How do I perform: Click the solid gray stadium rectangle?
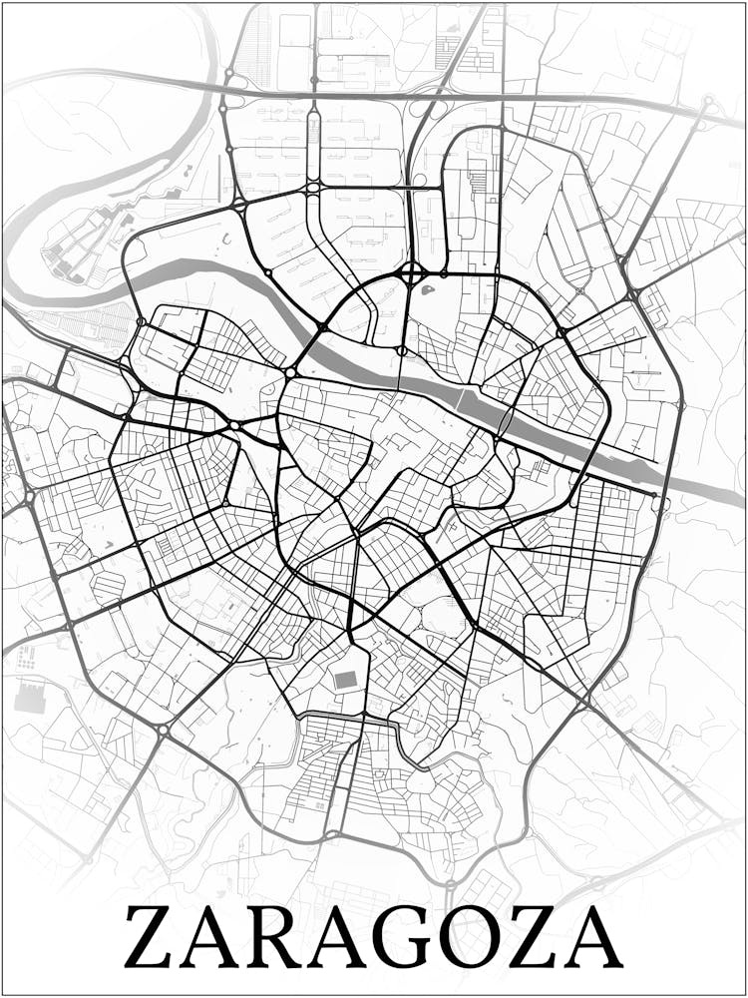pos(345,680)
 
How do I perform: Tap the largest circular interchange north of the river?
pos(413,272)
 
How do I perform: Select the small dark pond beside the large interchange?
pos(427,291)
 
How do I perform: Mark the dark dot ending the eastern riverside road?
pos(656,494)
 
